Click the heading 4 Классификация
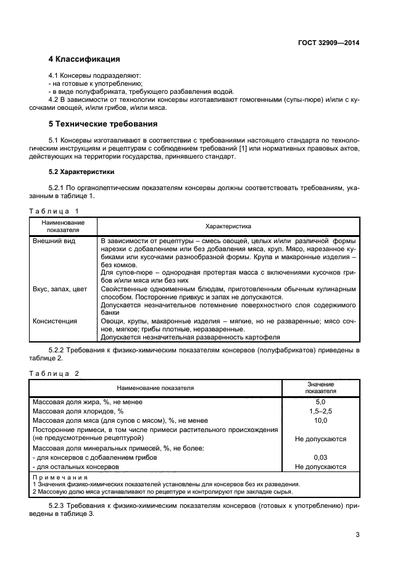click(84, 60)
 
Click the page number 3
click(357, 534)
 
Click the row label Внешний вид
click(54, 241)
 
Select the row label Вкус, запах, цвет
click(59, 289)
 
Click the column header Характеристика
click(228, 226)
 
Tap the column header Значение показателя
click(320, 388)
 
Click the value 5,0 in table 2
click(320, 402)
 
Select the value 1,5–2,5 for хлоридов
click(320, 411)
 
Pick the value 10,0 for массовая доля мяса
click(320, 420)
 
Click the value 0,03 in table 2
click(320, 457)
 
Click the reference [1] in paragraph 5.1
click(235, 148)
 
